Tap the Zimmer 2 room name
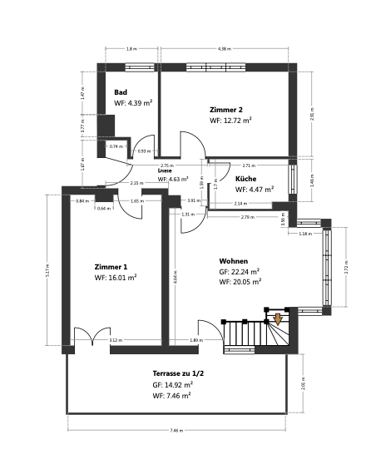(226, 109)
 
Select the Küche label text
(245, 179)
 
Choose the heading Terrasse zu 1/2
(178, 373)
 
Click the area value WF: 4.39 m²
(133, 103)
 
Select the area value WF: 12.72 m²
(230, 121)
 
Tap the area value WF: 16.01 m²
(116, 279)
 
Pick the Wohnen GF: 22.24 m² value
(240, 271)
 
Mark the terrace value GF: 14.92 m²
(173, 385)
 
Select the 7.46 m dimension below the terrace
(176, 431)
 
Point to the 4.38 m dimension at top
(224, 49)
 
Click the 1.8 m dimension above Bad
(131, 49)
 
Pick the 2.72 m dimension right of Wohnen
(346, 268)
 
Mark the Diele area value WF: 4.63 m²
(173, 179)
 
